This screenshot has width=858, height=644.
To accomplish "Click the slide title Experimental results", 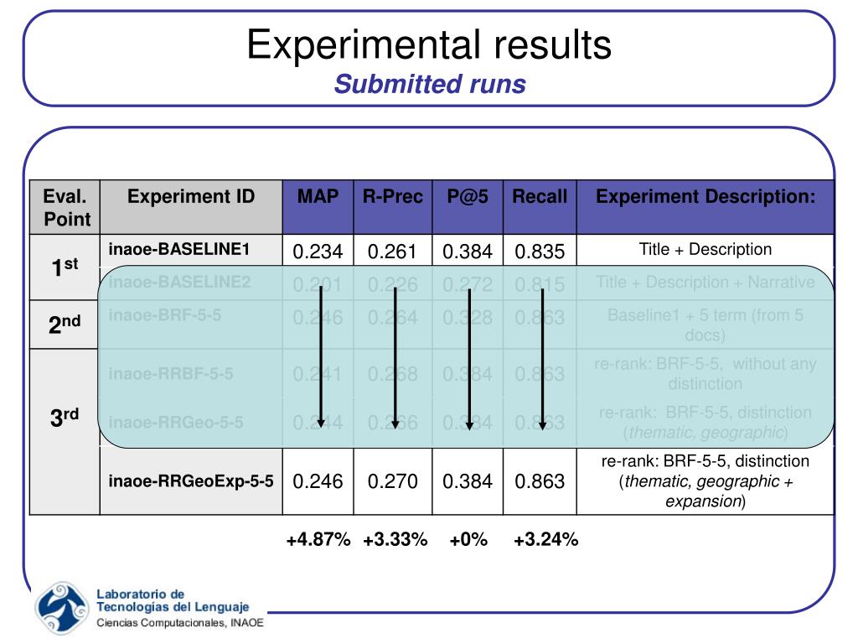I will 429,44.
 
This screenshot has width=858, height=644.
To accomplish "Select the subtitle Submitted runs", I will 429,84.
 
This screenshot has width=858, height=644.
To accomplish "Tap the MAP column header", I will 318,196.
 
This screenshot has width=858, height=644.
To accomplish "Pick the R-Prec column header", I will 393,196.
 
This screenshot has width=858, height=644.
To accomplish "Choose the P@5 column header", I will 468,196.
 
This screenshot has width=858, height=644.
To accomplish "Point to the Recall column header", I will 540,196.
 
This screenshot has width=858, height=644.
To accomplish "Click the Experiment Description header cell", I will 706,196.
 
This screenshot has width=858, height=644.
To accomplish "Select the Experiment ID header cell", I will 191,196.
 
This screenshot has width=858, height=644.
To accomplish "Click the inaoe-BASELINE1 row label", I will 179,249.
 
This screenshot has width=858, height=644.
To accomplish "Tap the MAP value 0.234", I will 318,252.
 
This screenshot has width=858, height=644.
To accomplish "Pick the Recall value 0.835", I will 540,252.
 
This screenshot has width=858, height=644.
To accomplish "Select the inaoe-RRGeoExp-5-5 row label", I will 191,481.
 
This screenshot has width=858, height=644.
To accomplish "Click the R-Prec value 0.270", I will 393,481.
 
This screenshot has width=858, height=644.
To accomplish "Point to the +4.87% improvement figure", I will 318,540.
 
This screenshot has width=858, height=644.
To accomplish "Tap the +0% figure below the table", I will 468,540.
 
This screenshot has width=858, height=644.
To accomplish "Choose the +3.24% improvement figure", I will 546,540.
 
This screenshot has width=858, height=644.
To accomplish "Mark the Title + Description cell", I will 706,249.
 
